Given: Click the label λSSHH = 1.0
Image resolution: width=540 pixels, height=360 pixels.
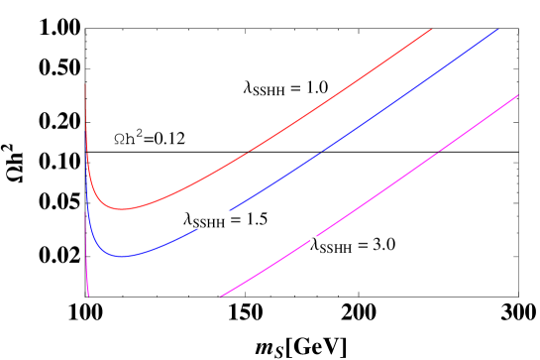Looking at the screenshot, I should [286, 87].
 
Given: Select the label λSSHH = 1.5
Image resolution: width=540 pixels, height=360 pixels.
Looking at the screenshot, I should [226, 219].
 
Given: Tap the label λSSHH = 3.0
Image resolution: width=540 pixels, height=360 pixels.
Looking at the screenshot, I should [354, 245].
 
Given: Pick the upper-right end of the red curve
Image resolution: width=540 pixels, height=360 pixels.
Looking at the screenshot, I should [432, 29].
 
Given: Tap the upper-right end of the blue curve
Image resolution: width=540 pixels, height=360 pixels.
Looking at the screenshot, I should [498, 29].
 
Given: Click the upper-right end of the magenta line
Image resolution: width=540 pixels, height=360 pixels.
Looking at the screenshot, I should [518, 95].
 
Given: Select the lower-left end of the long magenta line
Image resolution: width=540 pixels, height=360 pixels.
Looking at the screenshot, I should [220, 297].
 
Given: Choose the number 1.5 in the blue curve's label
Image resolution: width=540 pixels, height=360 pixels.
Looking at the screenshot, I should [258, 219].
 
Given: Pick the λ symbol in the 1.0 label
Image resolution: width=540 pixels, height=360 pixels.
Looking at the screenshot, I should [248, 88].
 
